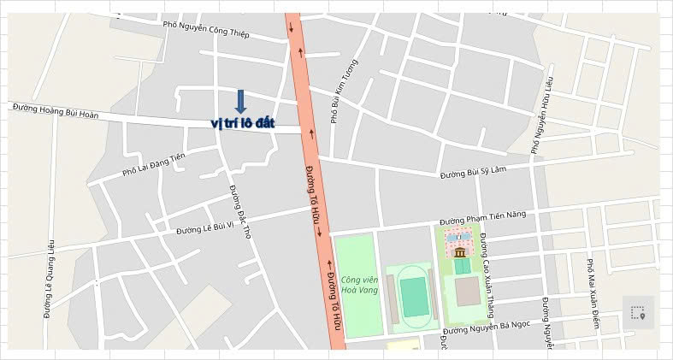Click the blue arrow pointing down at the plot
(x=240, y=102)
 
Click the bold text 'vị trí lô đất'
(x=243, y=123)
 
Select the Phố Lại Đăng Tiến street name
(x=153, y=164)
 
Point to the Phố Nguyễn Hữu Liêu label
(x=541, y=115)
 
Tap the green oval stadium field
(x=414, y=296)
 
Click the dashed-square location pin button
(x=637, y=313)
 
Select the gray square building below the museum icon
(x=467, y=292)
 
